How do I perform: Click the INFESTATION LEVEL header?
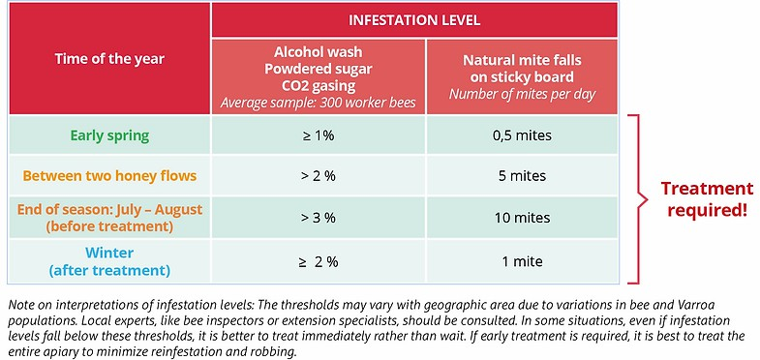pyautogui.click(x=414, y=20)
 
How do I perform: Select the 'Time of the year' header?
pyautogui.click(x=109, y=59)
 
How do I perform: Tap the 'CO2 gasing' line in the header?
pyautogui.click(x=318, y=86)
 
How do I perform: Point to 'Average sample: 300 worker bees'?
pyautogui.click(x=318, y=104)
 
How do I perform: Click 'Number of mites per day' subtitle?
pyautogui.click(x=522, y=94)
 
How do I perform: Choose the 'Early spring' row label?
pyautogui.click(x=109, y=135)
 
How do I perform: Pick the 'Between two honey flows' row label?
pyautogui.click(x=109, y=175)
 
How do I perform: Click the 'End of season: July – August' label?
pyautogui.click(x=109, y=210)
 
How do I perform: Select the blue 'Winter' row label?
pyautogui.click(x=109, y=253)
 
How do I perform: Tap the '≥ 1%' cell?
pyautogui.click(x=318, y=135)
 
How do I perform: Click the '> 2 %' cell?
pyautogui.click(x=318, y=175)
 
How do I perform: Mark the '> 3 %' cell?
pyautogui.click(x=318, y=218)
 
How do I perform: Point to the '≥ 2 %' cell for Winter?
pyautogui.click(x=318, y=262)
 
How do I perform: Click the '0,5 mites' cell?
pyautogui.click(x=522, y=135)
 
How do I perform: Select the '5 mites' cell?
pyautogui.click(x=522, y=175)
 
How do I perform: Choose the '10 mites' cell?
pyautogui.click(x=522, y=218)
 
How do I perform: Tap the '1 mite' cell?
pyautogui.click(x=522, y=262)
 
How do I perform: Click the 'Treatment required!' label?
pyautogui.click(x=707, y=199)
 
